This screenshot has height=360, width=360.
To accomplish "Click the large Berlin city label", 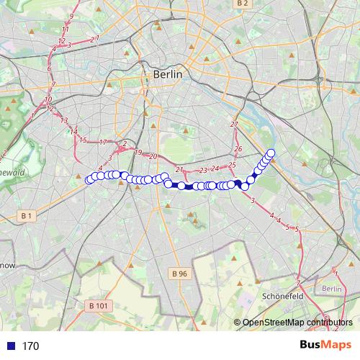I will pos(168,74).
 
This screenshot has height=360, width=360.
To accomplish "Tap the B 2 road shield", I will pos(242,4).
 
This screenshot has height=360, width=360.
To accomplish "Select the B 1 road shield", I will pos(27,215).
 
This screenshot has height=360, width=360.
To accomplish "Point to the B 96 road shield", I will pos(179,274).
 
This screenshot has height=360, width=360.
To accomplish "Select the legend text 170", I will pos(30,346).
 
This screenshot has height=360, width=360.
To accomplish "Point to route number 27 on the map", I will pos(234,125).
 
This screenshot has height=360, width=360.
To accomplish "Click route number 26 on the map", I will pos(238,148).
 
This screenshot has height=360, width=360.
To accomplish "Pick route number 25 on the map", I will pos(232,166).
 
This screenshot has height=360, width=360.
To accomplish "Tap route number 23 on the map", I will pos(203,170).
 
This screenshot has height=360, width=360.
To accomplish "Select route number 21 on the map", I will pos(179,170).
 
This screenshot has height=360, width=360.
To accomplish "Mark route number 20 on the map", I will pos(153,156).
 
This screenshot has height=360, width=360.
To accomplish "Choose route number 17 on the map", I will pos(103,142).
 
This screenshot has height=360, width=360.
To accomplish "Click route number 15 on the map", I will pos(83,140).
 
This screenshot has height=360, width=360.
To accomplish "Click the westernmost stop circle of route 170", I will pos(89,180).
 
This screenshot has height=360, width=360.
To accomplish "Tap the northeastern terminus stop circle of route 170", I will pos(271,152).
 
